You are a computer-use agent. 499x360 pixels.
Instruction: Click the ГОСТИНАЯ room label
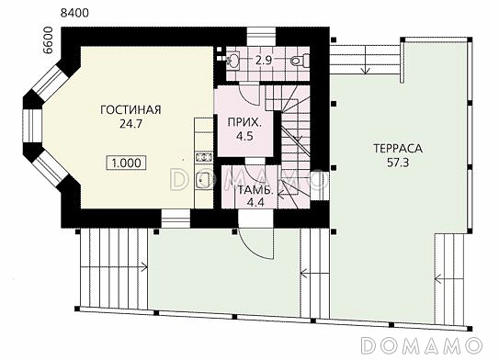coord(130,109)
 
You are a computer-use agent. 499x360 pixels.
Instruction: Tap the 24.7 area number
coord(130,124)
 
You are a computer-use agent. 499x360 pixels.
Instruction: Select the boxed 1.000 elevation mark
coord(126,163)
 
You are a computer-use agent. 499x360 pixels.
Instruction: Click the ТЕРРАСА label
coord(398,148)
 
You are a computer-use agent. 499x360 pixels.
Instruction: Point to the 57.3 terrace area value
coord(398,163)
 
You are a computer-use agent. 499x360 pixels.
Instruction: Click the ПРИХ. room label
coord(244,122)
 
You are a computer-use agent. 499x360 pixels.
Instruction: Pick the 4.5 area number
coord(244,136)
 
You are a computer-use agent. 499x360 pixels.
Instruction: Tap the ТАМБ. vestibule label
coord(255,190)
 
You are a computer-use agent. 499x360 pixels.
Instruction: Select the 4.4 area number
coord(255,202)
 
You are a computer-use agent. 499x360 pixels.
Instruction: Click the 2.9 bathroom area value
coord(264,60)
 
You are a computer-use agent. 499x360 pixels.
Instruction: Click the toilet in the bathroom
coord(300,60)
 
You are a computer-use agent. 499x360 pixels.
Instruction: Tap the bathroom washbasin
coord(233,60)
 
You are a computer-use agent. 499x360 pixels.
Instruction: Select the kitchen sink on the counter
coord(202,180)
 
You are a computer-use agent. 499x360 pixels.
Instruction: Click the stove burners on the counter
coord(204,157)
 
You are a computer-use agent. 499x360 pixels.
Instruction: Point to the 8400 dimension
coord(74,13)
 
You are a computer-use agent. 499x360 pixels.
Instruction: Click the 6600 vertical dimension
coord(48,40)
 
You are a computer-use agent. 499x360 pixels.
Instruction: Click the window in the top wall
coord(261,37)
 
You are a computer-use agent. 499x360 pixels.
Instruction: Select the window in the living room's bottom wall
coord(176,219)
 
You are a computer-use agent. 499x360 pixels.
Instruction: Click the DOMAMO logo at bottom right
coord(422,345)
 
